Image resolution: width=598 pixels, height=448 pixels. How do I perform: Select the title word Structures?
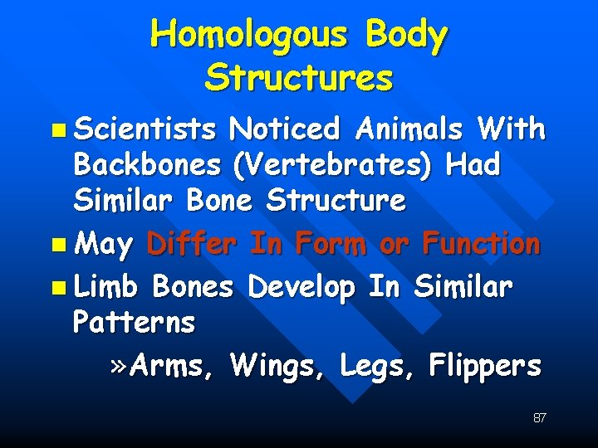click(x=299, y=79)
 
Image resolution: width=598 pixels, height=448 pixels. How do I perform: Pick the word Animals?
click(x=408, y=129)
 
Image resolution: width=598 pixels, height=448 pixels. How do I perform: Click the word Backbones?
click(x=146, y=165)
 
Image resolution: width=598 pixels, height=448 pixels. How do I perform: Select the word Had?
click(x=473, y=165)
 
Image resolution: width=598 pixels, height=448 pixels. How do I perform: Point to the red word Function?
click(x=481, y=245)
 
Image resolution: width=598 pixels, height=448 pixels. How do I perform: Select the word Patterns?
click(x=135, y=323)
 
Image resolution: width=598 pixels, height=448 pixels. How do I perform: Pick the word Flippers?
click(x=485, y=365)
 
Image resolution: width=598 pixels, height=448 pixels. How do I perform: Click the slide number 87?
click(x=539, y=417)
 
